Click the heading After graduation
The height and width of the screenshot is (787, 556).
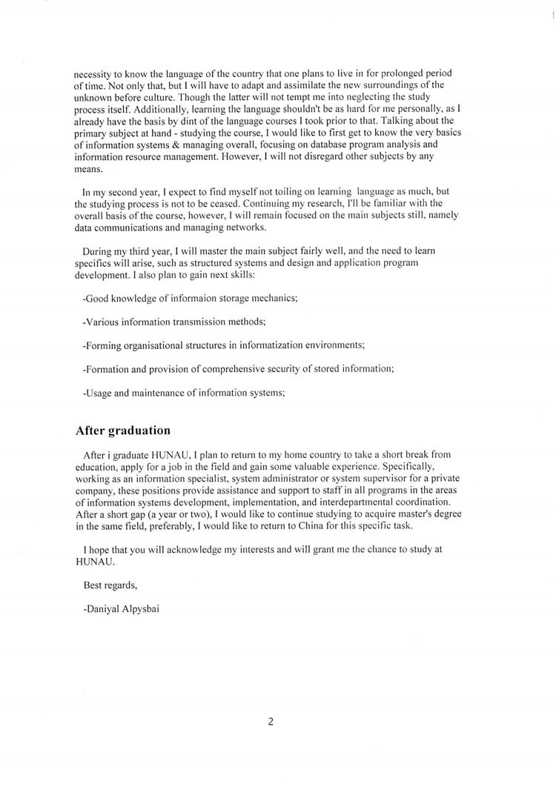[x=123, y=431]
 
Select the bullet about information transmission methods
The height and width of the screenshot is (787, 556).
[x=174, y=322]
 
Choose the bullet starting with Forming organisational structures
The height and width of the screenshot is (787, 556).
[x=224, y=345]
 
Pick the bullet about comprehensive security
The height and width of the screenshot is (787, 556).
[x=238, y=369]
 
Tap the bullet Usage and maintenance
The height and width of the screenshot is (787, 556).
[x=184, y=393]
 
